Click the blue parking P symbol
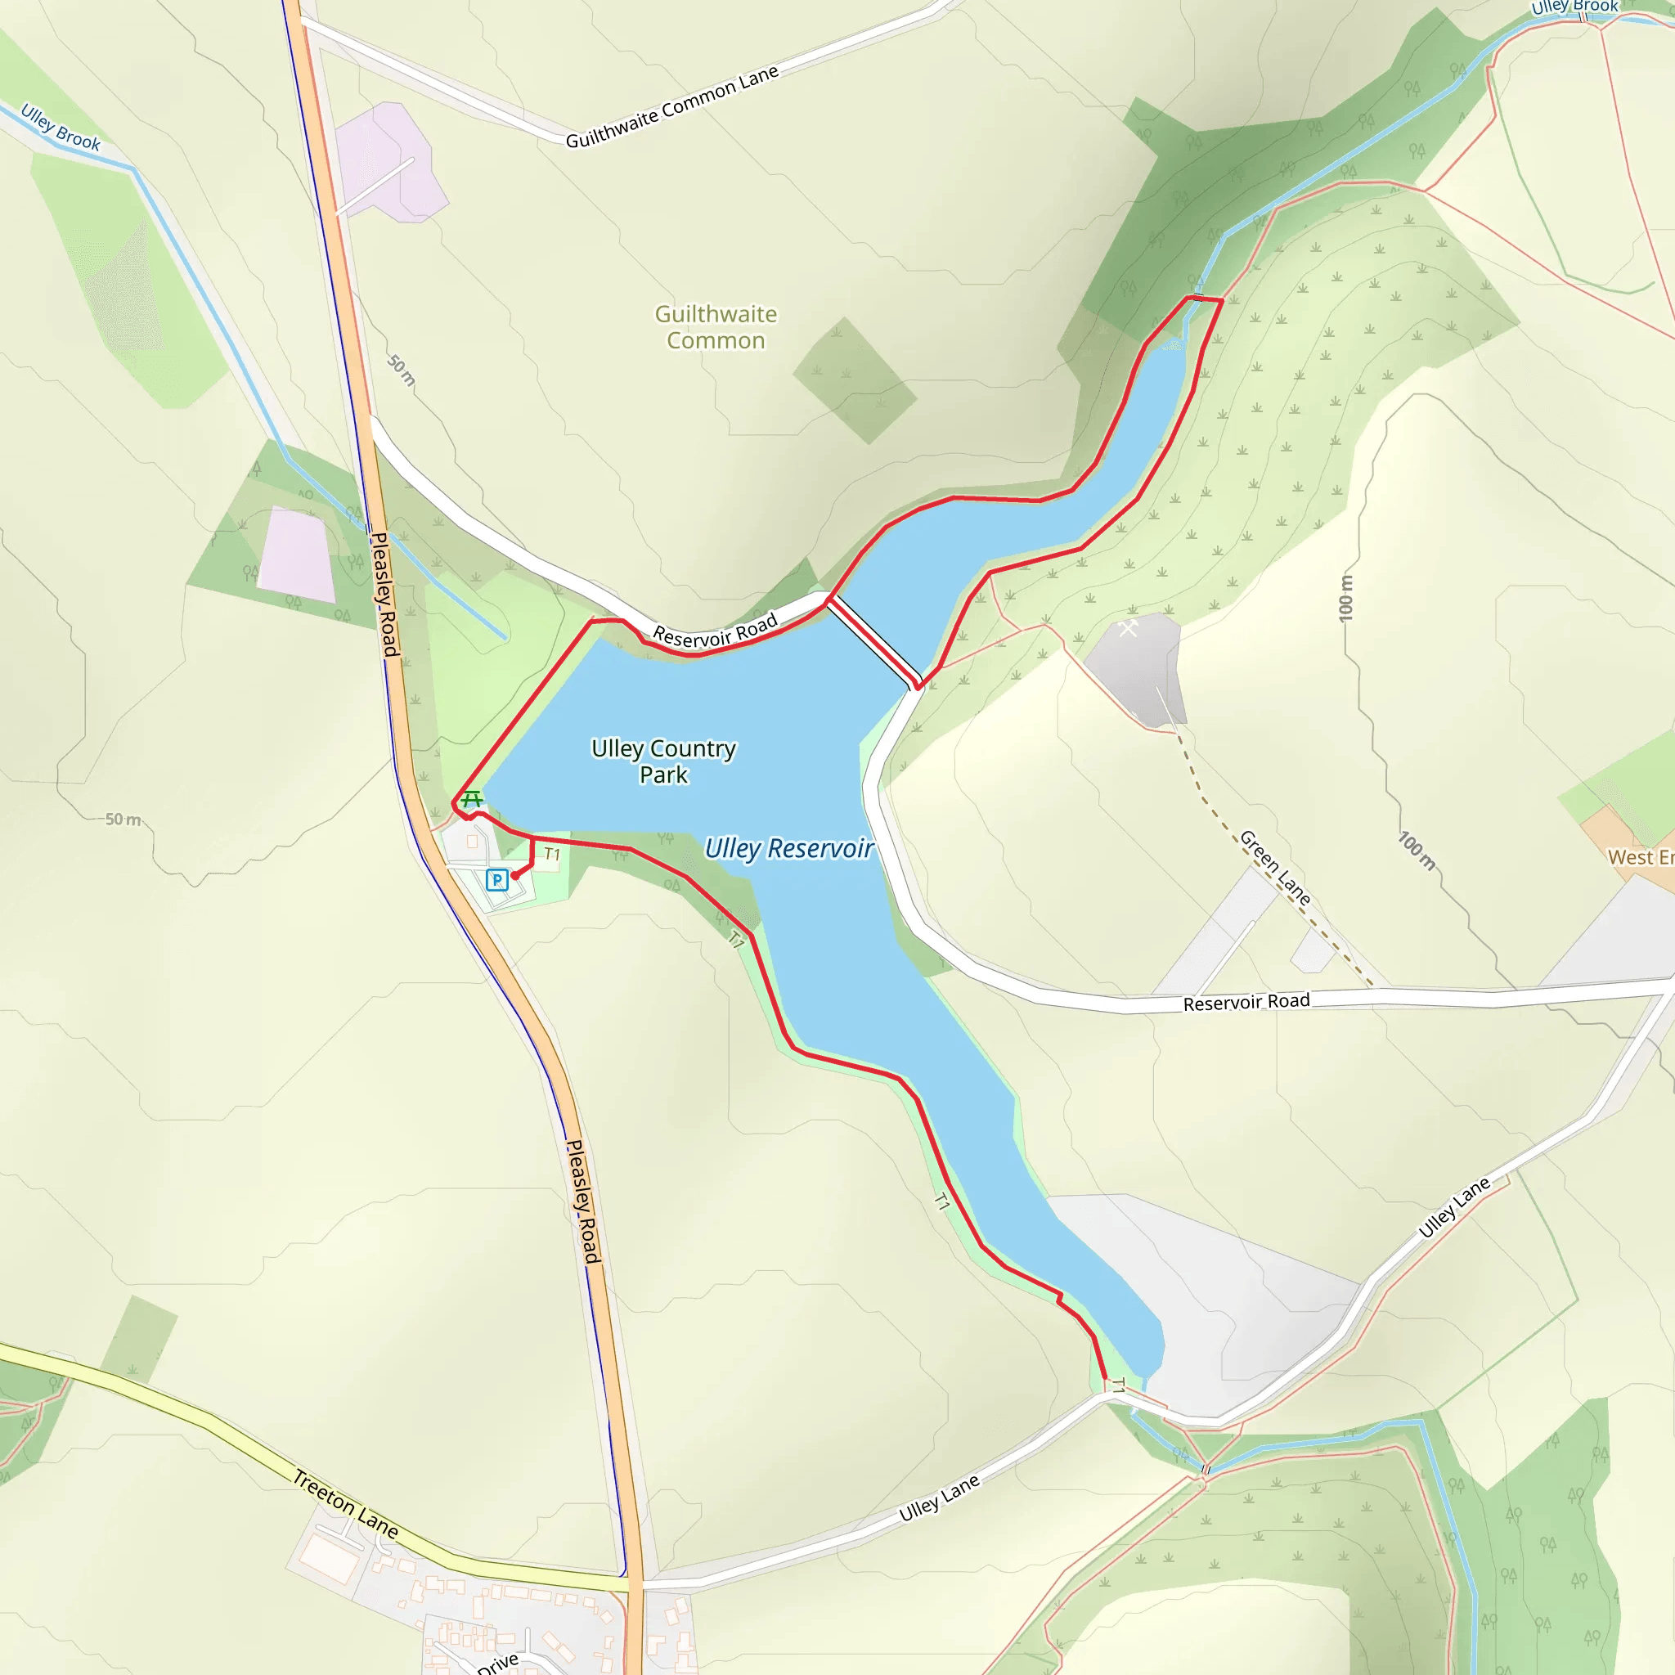(496, 880)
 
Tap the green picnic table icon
(472, 797)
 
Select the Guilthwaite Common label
(716, 327)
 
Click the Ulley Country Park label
(663, 761)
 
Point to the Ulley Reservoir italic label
(788, 848)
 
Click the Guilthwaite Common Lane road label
(672, 107)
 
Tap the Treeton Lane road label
(345, 1504)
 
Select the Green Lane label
(1274, 867)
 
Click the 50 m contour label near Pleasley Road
(402, 370)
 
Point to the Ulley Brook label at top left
(61, 128)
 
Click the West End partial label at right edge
(1641, 857)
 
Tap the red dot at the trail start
(515, 876)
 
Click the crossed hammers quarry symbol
(1127, 626)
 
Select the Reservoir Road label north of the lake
(716, 631)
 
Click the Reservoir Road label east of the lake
(1246, 1002)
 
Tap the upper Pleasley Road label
(384, 595)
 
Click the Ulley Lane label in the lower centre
(939, 1498)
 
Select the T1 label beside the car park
(552, 854)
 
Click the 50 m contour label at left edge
(123, 820)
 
